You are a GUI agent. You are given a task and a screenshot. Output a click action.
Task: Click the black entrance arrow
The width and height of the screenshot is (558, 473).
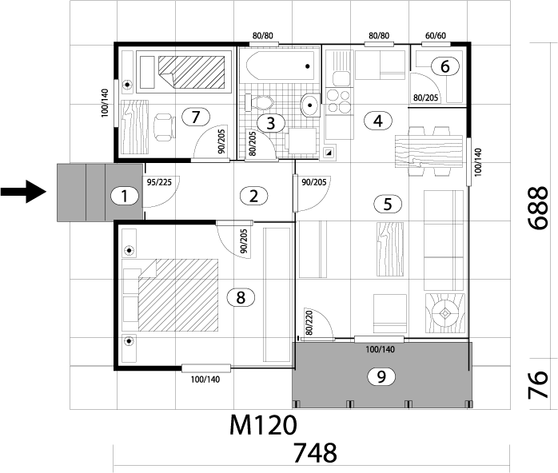pos(23,192)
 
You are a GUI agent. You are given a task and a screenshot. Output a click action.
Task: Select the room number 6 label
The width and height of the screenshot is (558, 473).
pos(445,66)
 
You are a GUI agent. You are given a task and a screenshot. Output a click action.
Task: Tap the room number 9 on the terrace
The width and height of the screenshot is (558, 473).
pos(381,376)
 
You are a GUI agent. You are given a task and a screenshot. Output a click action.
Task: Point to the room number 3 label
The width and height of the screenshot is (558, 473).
pos(271,123)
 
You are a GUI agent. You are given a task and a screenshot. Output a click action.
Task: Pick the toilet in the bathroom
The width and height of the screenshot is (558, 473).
pos(260,103)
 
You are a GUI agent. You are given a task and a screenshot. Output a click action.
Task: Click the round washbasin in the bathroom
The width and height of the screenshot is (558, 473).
pos(310,105)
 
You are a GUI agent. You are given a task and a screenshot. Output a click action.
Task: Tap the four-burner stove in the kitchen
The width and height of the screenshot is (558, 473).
pos(338,101)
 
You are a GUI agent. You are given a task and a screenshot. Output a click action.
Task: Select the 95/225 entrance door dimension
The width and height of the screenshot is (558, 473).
pos(159,182)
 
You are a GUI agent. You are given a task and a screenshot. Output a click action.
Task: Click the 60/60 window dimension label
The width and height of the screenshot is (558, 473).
pos(436,36)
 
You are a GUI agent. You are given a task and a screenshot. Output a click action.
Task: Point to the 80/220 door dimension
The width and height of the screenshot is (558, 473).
pos(309,323)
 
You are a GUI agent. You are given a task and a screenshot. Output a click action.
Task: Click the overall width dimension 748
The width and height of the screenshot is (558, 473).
pos(315,453)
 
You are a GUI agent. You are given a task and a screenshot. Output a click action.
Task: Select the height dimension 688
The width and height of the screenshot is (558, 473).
pos(537,209)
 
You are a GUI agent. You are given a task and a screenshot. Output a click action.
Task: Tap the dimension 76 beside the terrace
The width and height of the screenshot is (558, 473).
pos(537,385)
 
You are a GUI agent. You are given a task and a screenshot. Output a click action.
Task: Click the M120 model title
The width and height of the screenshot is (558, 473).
pos(263,425)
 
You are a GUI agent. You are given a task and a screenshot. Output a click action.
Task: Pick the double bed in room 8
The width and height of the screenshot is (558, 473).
pos(170,295)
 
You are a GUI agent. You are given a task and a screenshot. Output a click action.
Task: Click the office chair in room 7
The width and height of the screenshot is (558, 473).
pos(165,127)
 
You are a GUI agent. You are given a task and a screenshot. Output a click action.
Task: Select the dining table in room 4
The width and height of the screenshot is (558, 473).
pos(428,151)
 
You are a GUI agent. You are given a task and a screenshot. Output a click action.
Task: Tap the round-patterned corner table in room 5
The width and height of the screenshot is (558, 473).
pos(444,313)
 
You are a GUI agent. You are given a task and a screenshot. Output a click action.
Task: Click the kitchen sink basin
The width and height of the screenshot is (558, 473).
pos(341,78)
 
